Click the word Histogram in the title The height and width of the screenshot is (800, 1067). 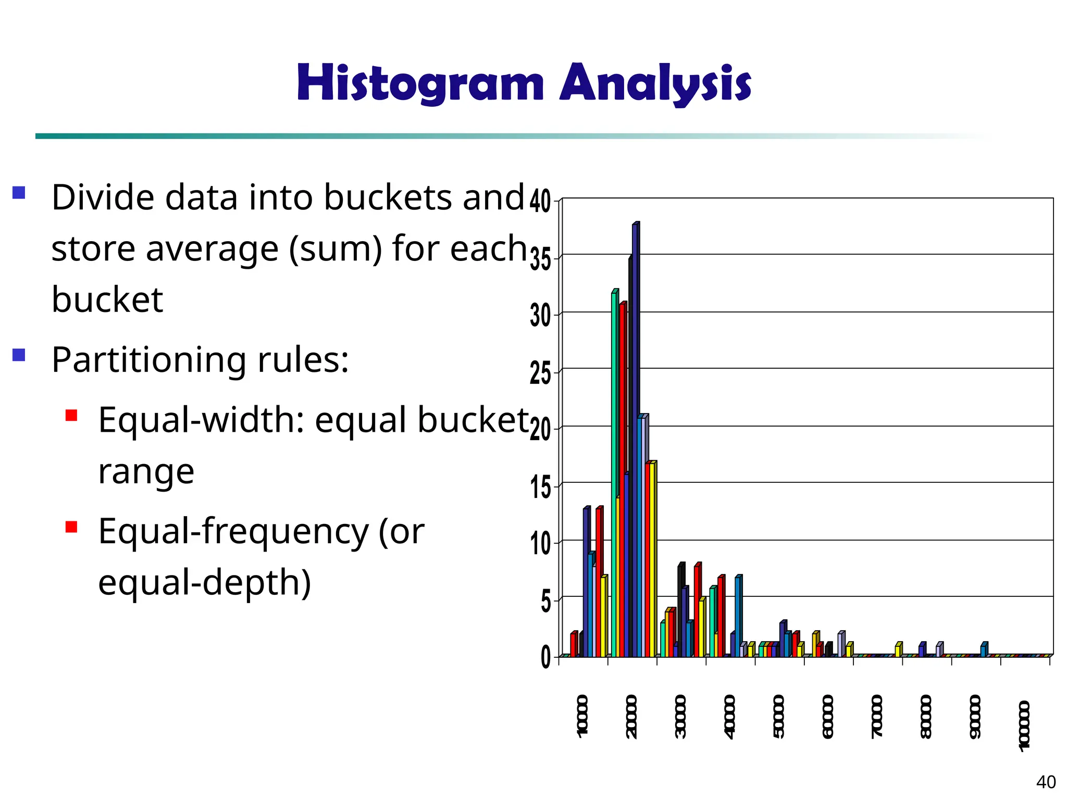coord(420,83)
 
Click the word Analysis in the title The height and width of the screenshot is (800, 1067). coord(655,83)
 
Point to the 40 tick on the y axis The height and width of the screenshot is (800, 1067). coord(540,202)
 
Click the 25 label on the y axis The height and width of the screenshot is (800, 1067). coord(540,374)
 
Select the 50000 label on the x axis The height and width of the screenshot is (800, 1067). coord(779,716)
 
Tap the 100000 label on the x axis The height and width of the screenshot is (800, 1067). coord(1024,726)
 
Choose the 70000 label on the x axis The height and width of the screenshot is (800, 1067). coord(877,716)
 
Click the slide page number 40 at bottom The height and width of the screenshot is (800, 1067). coord(1046,782)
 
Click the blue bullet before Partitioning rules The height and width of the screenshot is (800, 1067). coord(19,355)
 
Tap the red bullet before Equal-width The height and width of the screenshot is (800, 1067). coord(71,415)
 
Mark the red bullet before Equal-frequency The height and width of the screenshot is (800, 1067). coord(71,527)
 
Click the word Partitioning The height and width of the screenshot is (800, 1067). coord(149,360)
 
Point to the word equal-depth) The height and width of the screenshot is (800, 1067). coord(204,582)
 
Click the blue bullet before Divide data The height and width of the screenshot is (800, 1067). coord(19,193)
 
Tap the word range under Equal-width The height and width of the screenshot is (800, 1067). coord(146,472)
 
